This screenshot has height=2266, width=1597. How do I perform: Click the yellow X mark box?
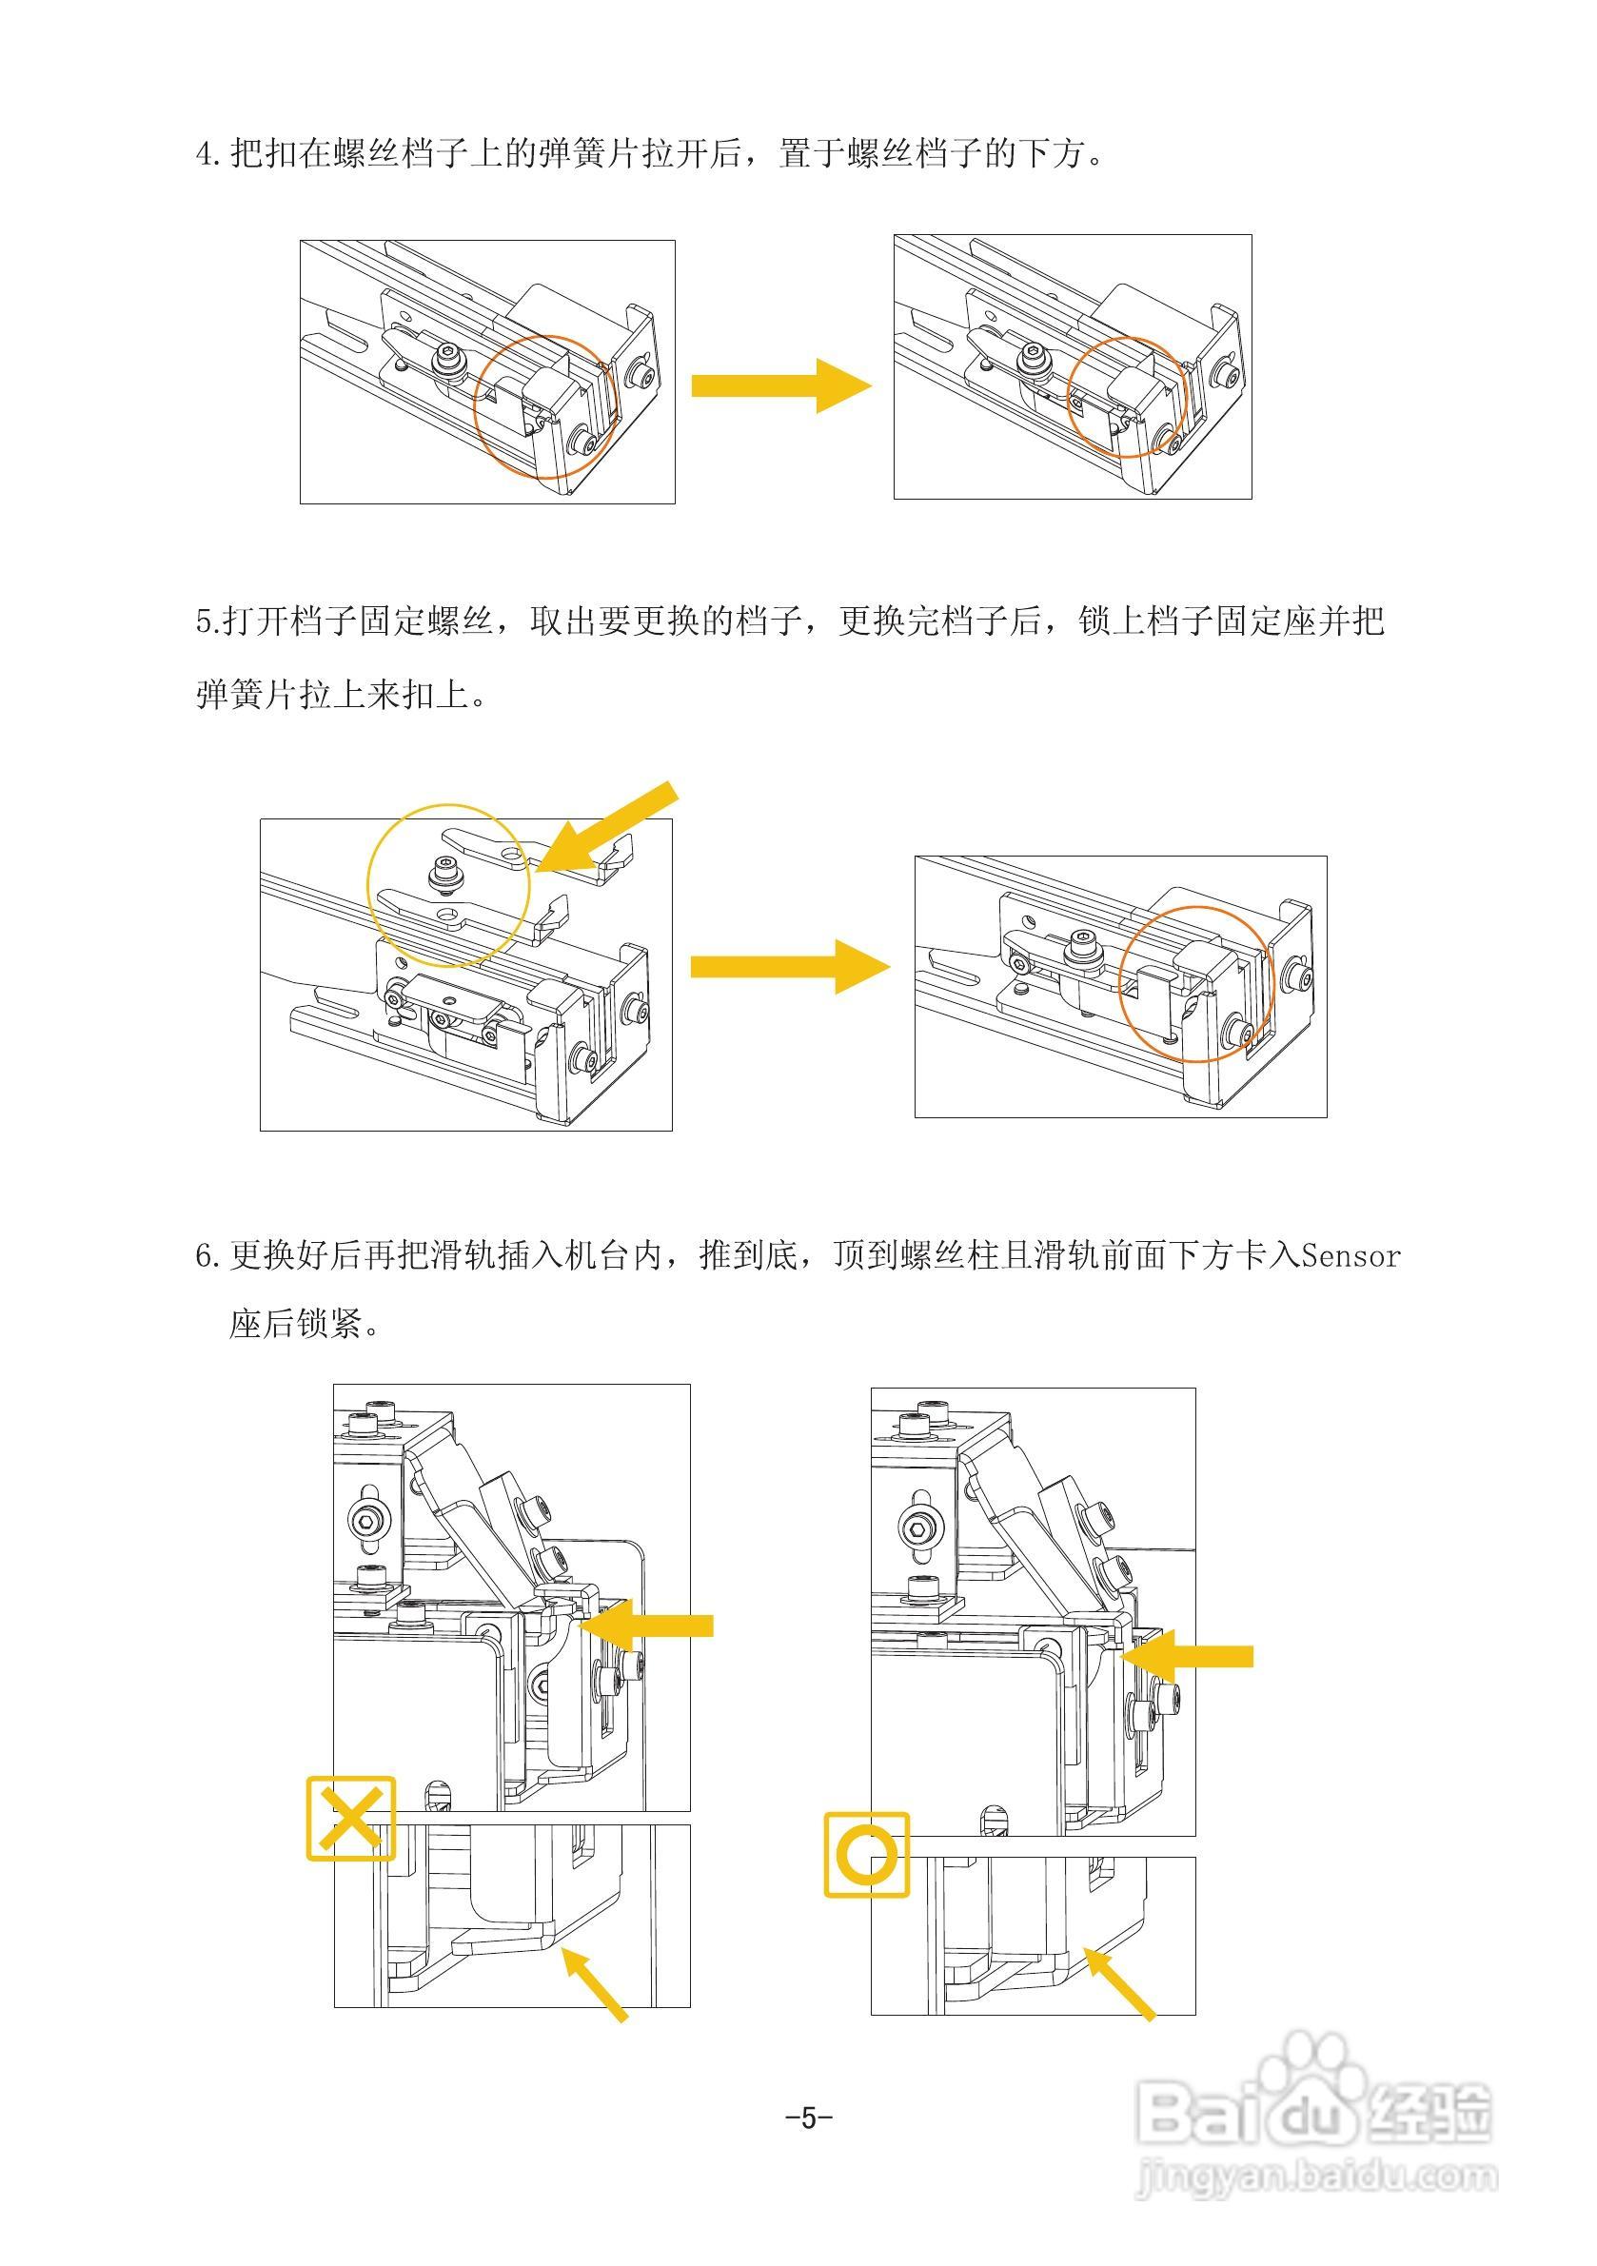point(350,1819)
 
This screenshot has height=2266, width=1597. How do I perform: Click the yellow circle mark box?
point(866,1855)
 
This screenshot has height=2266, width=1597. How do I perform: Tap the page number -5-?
point(808,2117)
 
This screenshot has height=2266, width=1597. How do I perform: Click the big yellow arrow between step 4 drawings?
point(779,384)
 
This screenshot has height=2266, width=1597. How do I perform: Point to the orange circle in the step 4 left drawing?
point(544,405)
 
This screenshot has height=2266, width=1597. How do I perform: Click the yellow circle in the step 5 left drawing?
point(448,885)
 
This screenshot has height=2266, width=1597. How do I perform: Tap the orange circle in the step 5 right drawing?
point(1195,983)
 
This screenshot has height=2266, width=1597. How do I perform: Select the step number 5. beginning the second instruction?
point(207,622)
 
